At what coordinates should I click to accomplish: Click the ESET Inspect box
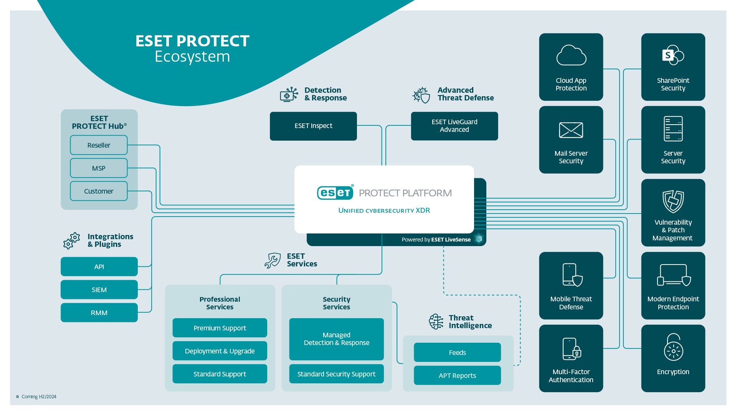[x=313, y=126]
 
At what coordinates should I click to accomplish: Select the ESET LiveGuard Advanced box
[x=454, y=126]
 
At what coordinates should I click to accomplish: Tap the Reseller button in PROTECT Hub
[x=99, y=145]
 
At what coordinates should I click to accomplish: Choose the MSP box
[x=99, y=168]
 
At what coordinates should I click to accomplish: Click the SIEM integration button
[x=99, y=290]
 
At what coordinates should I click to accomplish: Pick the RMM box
[x=99, y=313]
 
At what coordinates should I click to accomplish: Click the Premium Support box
[x=220, y=328]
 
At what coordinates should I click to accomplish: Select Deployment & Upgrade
[x=220, y=351]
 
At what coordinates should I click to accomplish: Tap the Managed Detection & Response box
[x=336, y=339]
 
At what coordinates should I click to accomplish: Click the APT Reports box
[x=457, y=376]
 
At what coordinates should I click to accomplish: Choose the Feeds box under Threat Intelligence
[x=457, y=353]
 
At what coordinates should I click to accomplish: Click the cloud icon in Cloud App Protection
[x=571, y=56]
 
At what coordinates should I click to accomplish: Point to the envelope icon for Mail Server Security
[x=571, y=130]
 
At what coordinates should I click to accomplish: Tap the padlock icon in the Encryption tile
[x=673, y=347]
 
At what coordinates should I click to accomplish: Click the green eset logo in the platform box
[x=335, y=192]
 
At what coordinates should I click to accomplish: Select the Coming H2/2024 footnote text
[x=39, y=397]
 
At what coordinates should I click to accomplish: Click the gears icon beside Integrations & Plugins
[x=72, y=241]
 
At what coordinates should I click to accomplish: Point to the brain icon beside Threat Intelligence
[x=436, y=322]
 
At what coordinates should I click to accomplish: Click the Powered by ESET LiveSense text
[x=436, y=240]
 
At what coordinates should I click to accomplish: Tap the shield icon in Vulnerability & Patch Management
[x=673, y=201]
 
